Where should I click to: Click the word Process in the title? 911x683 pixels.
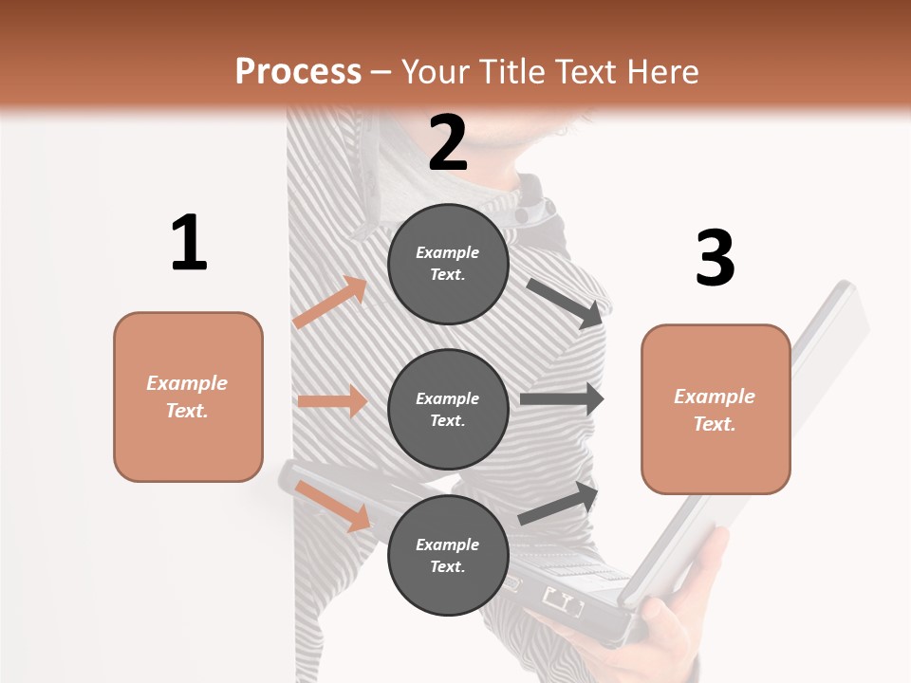(298, 72)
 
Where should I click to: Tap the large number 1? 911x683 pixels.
(189, 244)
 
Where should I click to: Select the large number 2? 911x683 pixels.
(448, 143)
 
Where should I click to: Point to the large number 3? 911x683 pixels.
(715, 258)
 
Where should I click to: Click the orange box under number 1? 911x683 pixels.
(188, 397)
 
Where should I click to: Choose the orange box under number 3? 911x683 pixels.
(716, 410)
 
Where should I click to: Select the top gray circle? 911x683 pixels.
(448, 264)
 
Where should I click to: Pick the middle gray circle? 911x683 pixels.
(448, 410)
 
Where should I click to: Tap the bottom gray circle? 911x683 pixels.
(448, 556)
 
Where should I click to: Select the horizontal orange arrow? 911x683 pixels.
(332, 401)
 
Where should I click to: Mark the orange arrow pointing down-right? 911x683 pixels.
(333, 505)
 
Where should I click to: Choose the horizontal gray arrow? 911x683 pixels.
(562, 399)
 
